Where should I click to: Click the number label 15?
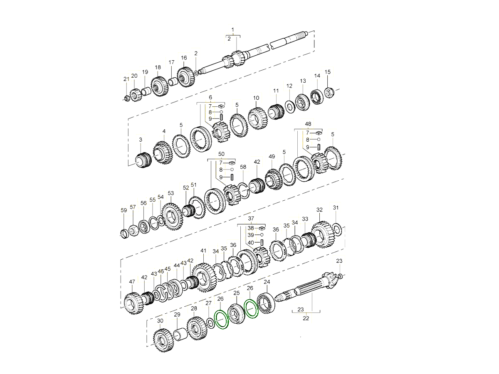pyautogui.click(x=327, y=72)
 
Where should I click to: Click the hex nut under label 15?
pyautogui.click(x=328, y=93)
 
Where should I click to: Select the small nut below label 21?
pyautogui.click(x=127, y=98)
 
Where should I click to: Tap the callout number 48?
pyautogui.click(x=308, y=124)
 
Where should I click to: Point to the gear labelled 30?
pyautogui.click(x=163, y=340)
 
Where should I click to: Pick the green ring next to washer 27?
pyautogui.click(x=222, y=320)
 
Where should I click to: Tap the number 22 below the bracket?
pyautogui.click(x=306, y=318)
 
